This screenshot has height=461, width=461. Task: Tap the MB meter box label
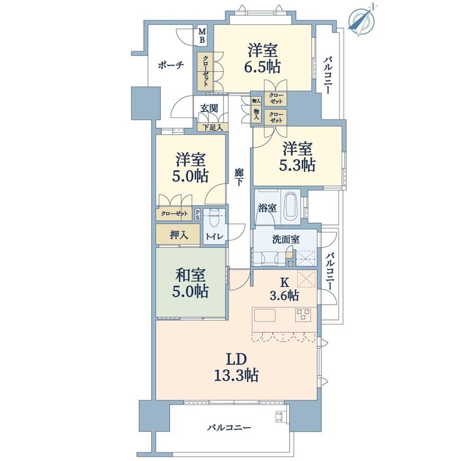click(202, 35)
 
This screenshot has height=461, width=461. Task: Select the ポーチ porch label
click(171, 65)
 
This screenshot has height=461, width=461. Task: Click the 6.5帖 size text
click(264, 67)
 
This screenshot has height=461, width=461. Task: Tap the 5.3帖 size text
click(298, 165)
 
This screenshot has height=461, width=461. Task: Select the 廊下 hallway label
click(239, 176)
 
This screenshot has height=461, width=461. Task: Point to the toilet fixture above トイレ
click(215, 218)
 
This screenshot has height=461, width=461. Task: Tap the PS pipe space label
click(197, 214)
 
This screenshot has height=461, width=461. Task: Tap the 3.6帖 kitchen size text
click(286, 296)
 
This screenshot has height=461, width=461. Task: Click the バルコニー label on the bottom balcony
click(230, 428)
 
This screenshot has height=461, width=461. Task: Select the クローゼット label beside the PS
click(174, 214)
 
